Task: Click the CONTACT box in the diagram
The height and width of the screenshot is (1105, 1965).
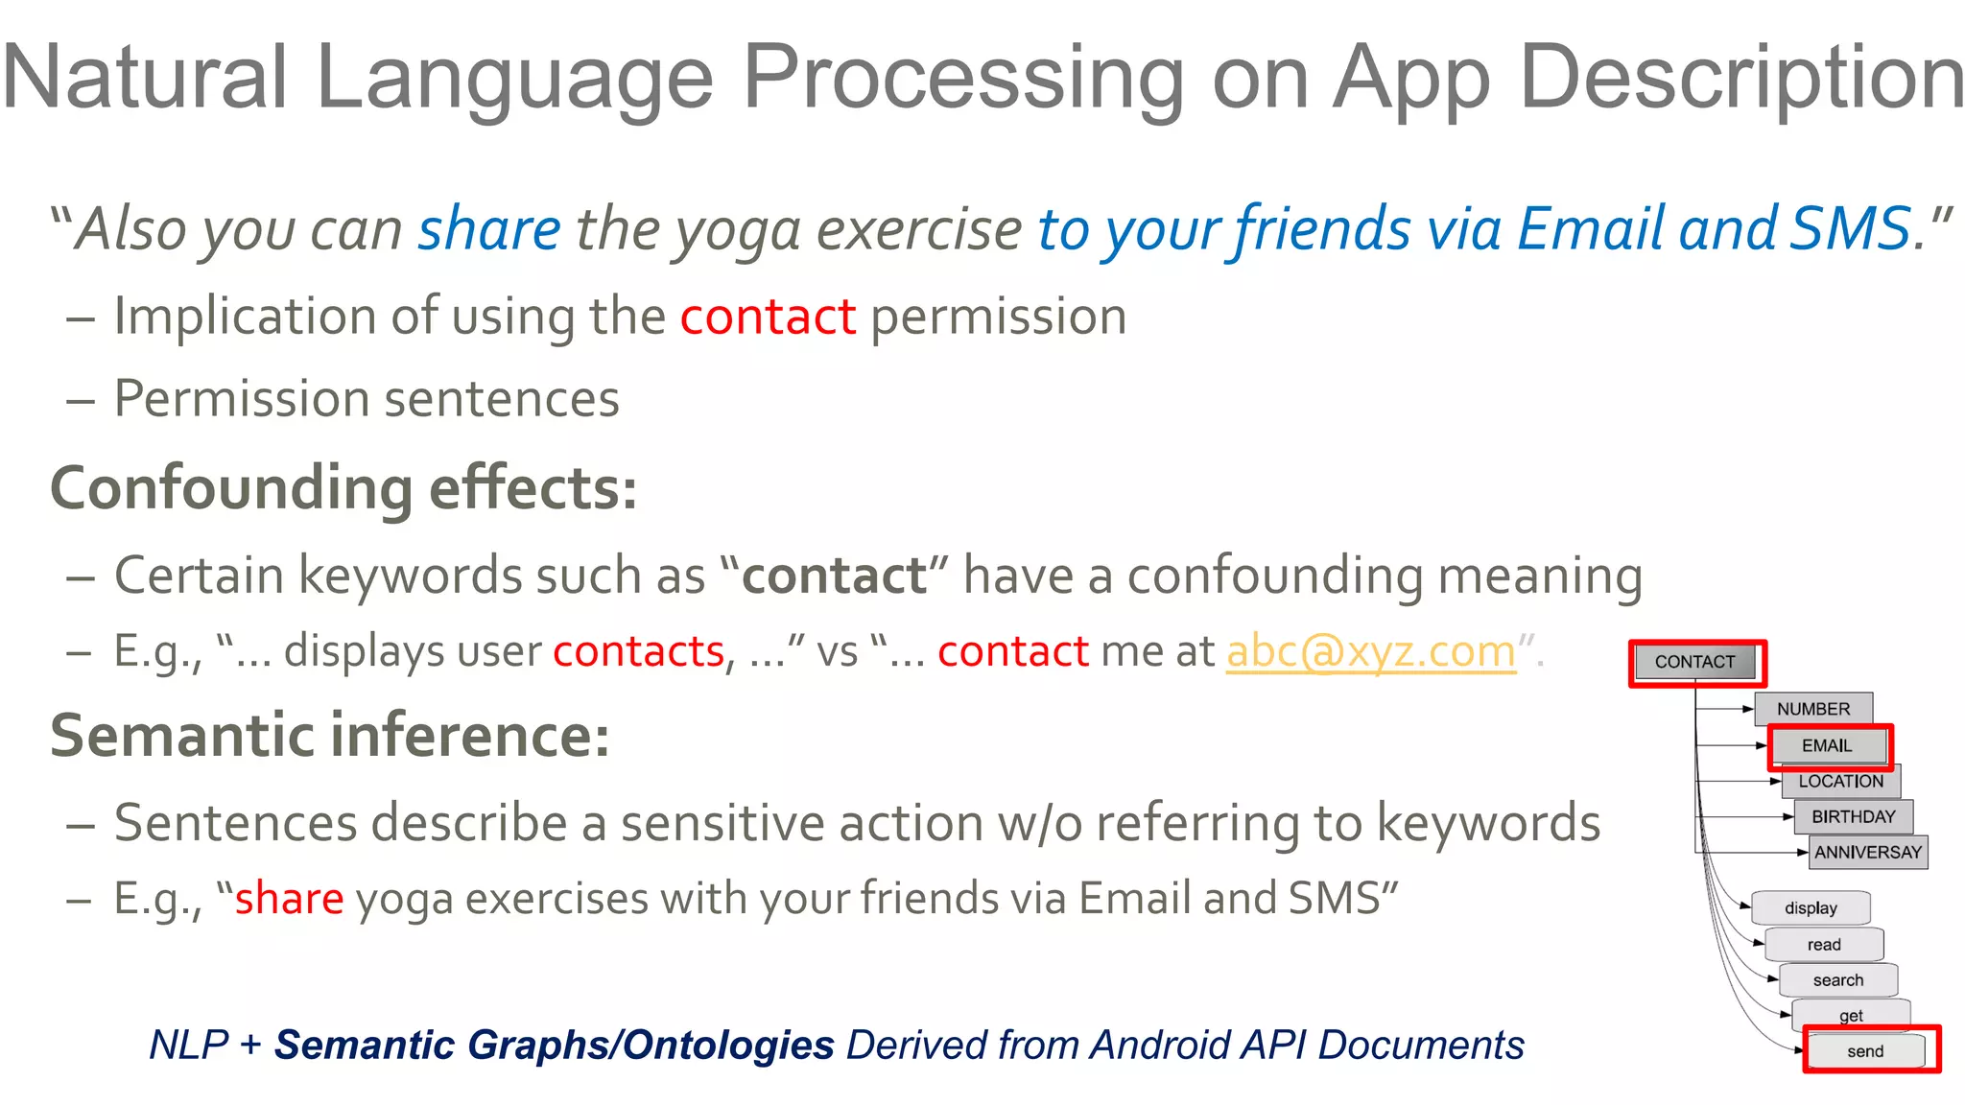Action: (x=1695, y=662)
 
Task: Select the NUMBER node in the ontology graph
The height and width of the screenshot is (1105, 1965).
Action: (x=1812, y=709)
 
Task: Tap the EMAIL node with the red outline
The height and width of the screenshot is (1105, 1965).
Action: (x=1828, y=745)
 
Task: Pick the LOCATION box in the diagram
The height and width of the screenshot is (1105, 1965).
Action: (x=1840, y=782)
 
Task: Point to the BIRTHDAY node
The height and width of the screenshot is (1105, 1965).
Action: (x=1853, y=817)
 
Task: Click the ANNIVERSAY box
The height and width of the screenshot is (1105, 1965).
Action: (x=1867, y=852)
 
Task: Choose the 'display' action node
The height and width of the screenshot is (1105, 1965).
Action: (x=1811, y=907)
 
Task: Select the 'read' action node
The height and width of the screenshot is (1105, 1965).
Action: (x=1824, y=944)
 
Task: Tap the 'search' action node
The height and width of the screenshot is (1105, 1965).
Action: (x=1837, y=980)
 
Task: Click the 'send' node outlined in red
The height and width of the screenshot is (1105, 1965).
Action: (x=1865, y=1051)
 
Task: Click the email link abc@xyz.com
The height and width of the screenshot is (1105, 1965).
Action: (x=1370, y=652)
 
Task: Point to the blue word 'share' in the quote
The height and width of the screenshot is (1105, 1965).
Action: (x=489, y=229)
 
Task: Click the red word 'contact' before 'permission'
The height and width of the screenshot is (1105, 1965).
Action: (x=768, y=317)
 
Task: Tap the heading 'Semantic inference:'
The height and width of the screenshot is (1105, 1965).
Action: (x=329, y=736)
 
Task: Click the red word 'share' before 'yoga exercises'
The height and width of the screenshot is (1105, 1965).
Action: (x=289, y=899)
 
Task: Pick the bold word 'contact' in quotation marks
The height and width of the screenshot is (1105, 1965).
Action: (x=834, y=576)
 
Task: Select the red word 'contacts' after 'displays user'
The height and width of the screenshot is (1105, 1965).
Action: (x=638, y=652)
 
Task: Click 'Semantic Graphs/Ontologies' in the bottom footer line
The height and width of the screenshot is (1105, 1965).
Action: (x=554, y=1045)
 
